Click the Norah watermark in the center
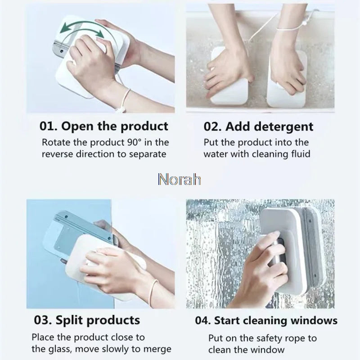pyautogui.click(x=180, y=179)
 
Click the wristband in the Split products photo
pyautogui.click(x=154, y=288)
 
